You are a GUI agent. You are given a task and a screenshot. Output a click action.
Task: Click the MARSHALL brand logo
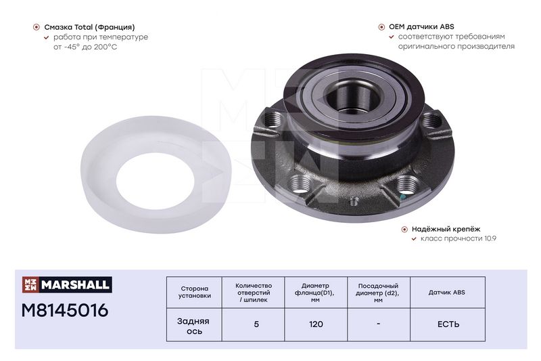[67, 284]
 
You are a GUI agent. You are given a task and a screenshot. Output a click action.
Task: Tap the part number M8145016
[65, 310]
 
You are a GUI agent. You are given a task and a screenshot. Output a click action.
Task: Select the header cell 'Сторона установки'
[195, 292]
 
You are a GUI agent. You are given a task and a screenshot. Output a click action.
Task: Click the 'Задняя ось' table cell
[194, 326]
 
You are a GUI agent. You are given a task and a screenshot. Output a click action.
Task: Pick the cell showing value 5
[256, 324]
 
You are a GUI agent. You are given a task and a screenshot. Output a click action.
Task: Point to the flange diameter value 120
[316, 324]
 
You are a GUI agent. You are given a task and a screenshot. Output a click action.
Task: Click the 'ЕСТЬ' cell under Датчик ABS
[448, 324]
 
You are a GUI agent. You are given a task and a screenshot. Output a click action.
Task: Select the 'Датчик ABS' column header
[447, 293]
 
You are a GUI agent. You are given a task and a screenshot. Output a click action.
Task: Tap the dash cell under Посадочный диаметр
[379, 324]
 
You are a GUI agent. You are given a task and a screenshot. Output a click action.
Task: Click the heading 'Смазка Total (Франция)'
[89, 27]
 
